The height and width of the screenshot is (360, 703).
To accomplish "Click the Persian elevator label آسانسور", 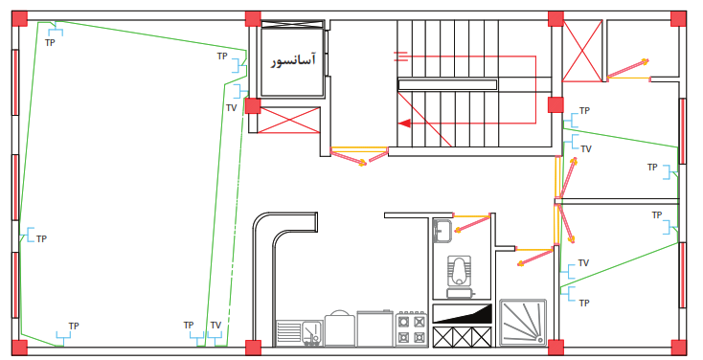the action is (x=293, y=60).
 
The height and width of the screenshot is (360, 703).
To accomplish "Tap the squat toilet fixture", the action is (x=459, y=269).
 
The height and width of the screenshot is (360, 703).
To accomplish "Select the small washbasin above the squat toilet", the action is (x=442, y=231).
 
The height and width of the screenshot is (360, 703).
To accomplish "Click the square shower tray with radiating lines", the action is (x=523, y=323).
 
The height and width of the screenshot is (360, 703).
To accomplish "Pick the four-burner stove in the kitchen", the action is (x=411, y=329).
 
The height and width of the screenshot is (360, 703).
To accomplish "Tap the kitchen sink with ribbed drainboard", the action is (x=299, y=333).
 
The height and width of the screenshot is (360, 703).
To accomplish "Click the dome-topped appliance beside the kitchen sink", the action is (x=339, y=327).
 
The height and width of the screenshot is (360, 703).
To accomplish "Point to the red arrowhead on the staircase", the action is (x=404, y=123).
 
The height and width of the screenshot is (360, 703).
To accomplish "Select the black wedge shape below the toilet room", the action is (x=462, y=313).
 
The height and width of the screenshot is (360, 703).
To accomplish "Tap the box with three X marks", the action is (x=463, y=337).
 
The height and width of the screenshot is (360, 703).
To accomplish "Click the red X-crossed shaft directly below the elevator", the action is (x=289, y=120).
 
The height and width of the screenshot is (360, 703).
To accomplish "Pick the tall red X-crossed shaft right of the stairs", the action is (x=582, y=51).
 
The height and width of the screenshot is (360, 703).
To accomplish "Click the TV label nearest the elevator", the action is (x=232, y=108).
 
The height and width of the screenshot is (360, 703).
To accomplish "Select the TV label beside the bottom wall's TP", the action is (x=215, y=325).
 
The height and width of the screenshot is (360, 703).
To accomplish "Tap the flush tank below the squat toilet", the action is (x=461, y=293).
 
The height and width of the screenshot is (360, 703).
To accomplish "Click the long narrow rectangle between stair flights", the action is (x=447, y=84).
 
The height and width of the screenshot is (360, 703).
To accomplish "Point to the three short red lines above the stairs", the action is (x=400, y=56).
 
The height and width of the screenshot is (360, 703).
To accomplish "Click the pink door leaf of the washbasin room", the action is (x=472, y=224).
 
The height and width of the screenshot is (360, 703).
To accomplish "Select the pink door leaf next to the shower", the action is (x=534, y=258).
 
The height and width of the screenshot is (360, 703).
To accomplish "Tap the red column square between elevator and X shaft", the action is (x=253, y=106).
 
